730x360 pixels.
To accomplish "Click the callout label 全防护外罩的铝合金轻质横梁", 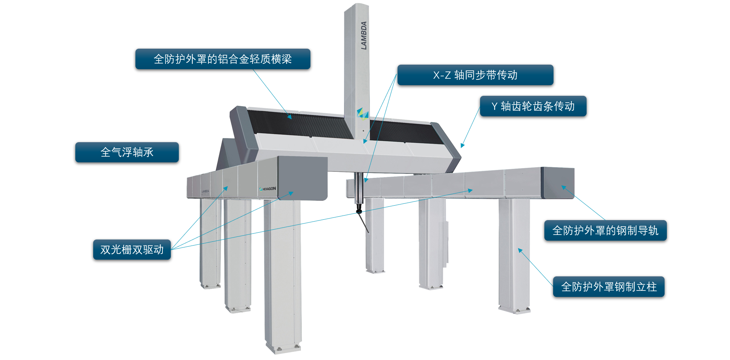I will pyautogui.click(x=223, y=59).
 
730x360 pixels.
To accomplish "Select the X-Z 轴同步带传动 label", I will pyautogui.click(x=475, y=75).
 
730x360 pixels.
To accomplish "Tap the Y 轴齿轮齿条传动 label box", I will pyautogui.click(x=533, y=106).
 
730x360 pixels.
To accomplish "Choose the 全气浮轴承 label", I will pyautogui.click(x=127, y=152).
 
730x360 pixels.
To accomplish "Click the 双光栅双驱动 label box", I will pyautogui.click(x=132, y=249).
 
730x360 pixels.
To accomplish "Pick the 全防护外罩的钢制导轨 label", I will pyautogui.click(x=605, y=230).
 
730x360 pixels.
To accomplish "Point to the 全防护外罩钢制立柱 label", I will pyautogui.click(x=609, y=287).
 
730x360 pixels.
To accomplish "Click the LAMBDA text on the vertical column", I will pyautogui.click(x=364, y=35).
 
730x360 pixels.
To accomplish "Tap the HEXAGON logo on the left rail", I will pyautogui.click(x=268, y=189).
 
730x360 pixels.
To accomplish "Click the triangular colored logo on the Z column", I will pyautogui.click(x=363, y=113).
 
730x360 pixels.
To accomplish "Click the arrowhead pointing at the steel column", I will pyautogui.click(x=520, y=251).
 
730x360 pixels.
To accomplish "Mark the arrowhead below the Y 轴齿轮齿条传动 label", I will pyautogui.click(x=462, y=146).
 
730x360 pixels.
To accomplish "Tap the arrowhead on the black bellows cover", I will pyautogui.click(x=289, y=117).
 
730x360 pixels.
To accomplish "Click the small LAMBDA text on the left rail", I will pyautogui.click(x=205, y=191).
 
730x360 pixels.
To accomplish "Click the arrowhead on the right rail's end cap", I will pyautogui.click(x=563, y=187).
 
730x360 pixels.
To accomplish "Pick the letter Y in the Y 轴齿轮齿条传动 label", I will pyautogui.click(x=494, y=106).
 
